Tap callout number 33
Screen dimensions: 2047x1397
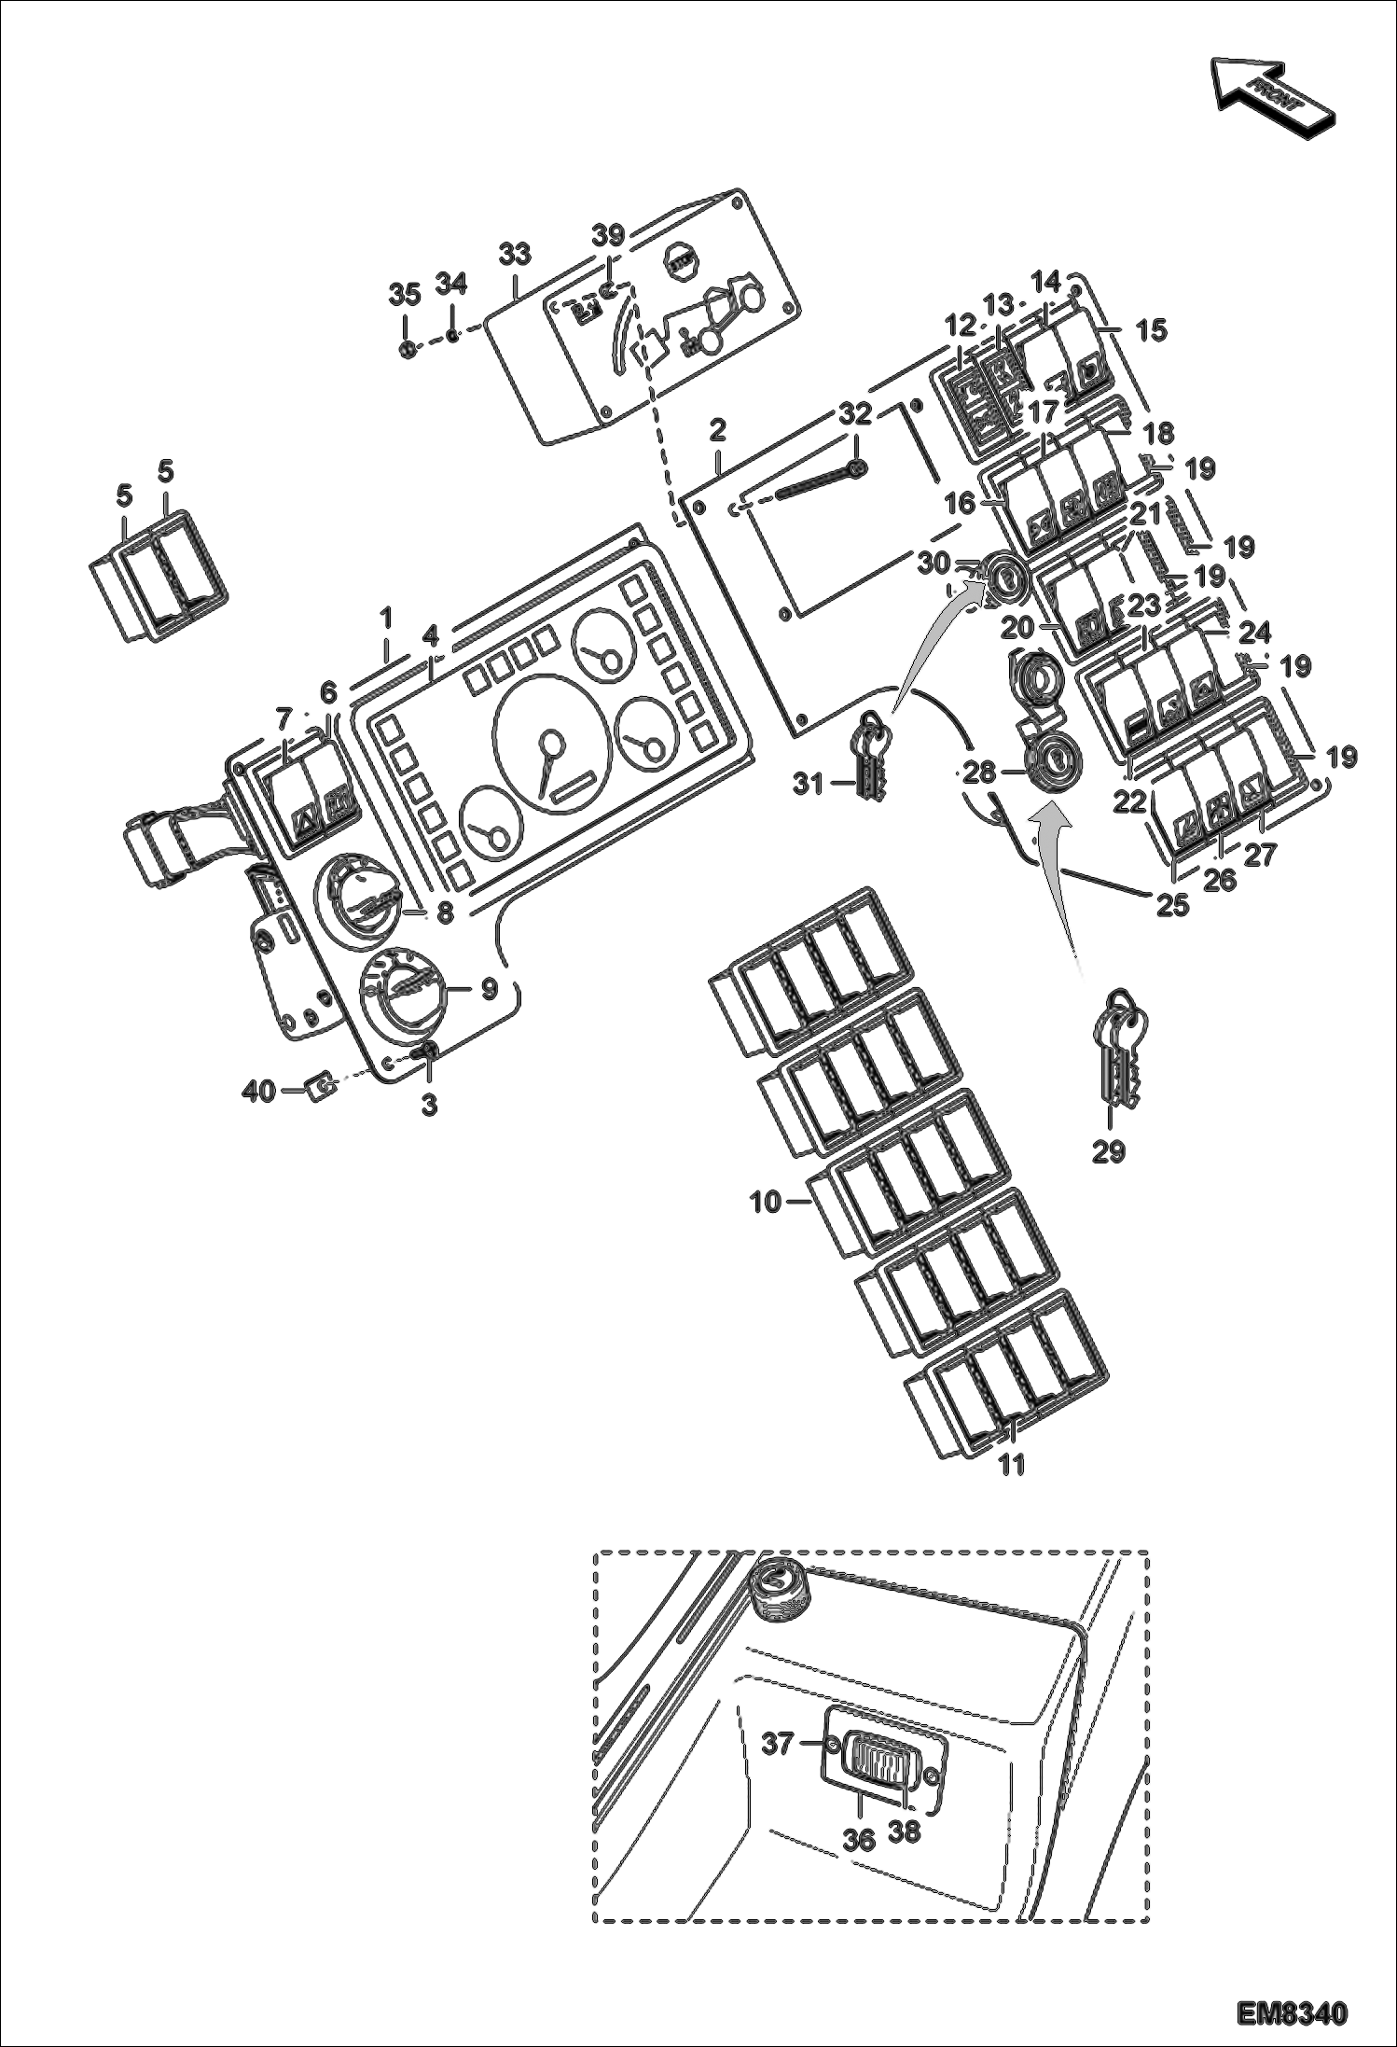pos(514,254)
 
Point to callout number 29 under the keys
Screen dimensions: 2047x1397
pos(1109,1152)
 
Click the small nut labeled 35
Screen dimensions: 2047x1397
pos(406,350)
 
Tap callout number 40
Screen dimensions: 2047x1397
pos(259,1090)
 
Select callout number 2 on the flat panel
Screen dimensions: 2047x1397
pos(716,430)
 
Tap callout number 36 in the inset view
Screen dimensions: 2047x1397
pos(859,1839)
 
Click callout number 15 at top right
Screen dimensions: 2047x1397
pos(1152,329)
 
